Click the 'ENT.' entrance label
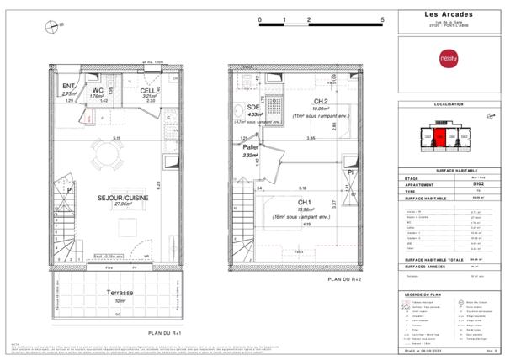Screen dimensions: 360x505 [69, 86]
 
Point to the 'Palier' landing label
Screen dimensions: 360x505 [251, 146]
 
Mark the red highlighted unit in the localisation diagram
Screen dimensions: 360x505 [440, 133]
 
